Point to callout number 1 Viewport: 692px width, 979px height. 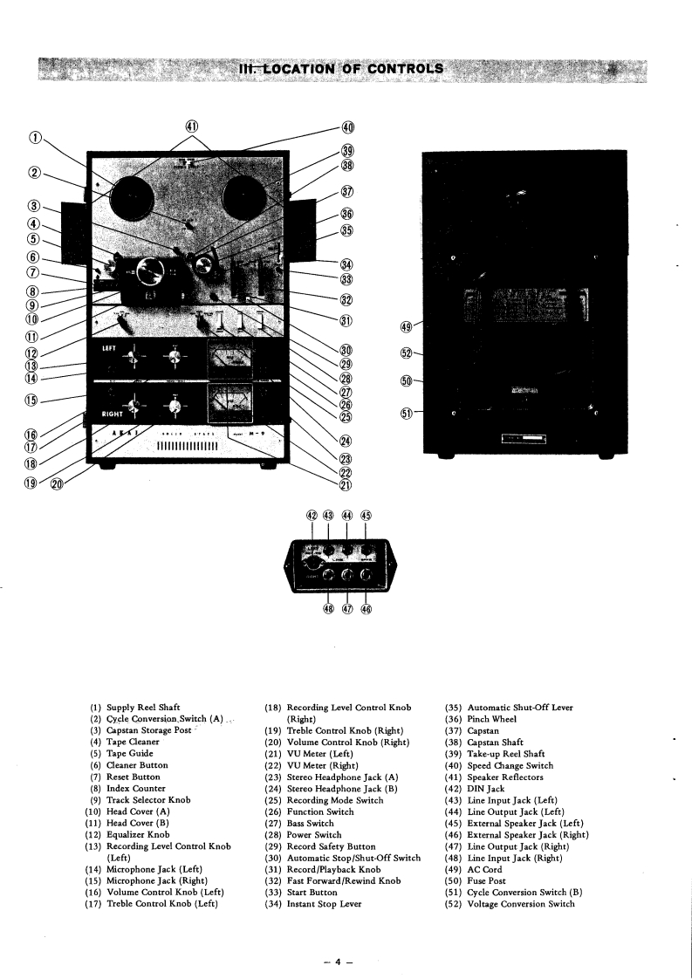click(x=35, y=136)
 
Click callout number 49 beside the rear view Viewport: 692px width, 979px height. click(x=405, y=327)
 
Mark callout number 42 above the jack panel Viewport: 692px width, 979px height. click(x=312, y=516)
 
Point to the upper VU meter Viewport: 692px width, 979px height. click(x=230, y=358)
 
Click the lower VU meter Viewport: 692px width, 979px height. click(x=230, y=405)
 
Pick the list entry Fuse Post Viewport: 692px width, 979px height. click(x=486, y=881)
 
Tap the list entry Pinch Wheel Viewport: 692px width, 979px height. click(x=492, y=719)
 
